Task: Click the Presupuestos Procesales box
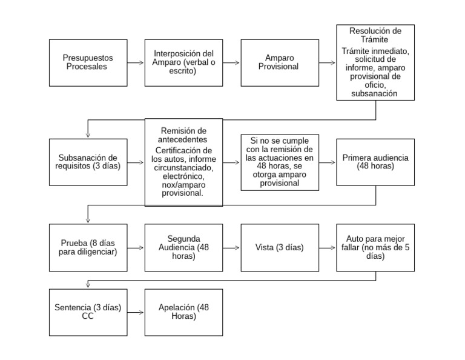click(88, 62)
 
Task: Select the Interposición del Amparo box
click(183, 62)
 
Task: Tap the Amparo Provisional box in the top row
click(279, 62)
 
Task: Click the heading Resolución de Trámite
click(375, 36)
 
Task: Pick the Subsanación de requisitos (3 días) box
click(88, 162)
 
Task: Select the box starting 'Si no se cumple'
click(279, 162)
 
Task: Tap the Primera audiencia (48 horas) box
click(375, 162)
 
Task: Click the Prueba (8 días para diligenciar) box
click(88, 247)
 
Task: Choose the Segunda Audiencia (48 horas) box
click(183, 247)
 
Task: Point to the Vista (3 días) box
click(279, 247)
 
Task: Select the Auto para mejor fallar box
click(375, 247)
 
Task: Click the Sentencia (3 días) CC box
click(88, 312)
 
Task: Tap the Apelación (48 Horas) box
click(183, 312)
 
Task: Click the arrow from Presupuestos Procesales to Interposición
click(136, 62)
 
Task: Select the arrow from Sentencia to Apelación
click(136, 312)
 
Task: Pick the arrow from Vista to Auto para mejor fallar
click(327, 247)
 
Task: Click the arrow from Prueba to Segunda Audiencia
click(136, 247)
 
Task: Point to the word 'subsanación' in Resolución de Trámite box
click(375, 93)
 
